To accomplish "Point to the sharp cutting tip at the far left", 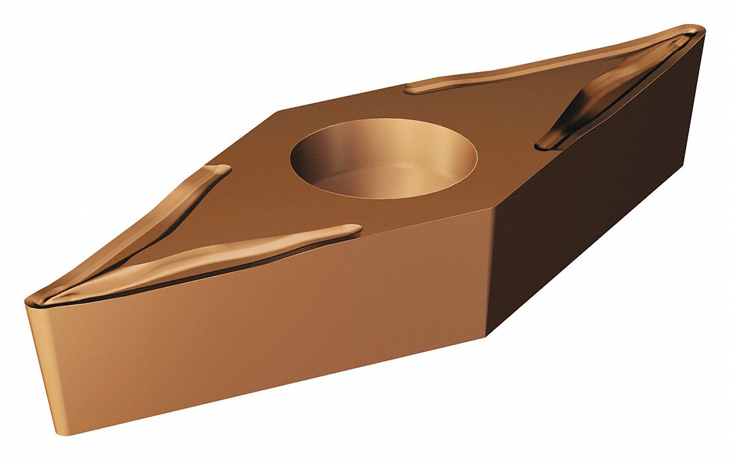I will [29, 300].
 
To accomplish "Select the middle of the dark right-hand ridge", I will [591, 97].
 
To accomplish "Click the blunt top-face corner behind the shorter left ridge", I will [273, 114].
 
